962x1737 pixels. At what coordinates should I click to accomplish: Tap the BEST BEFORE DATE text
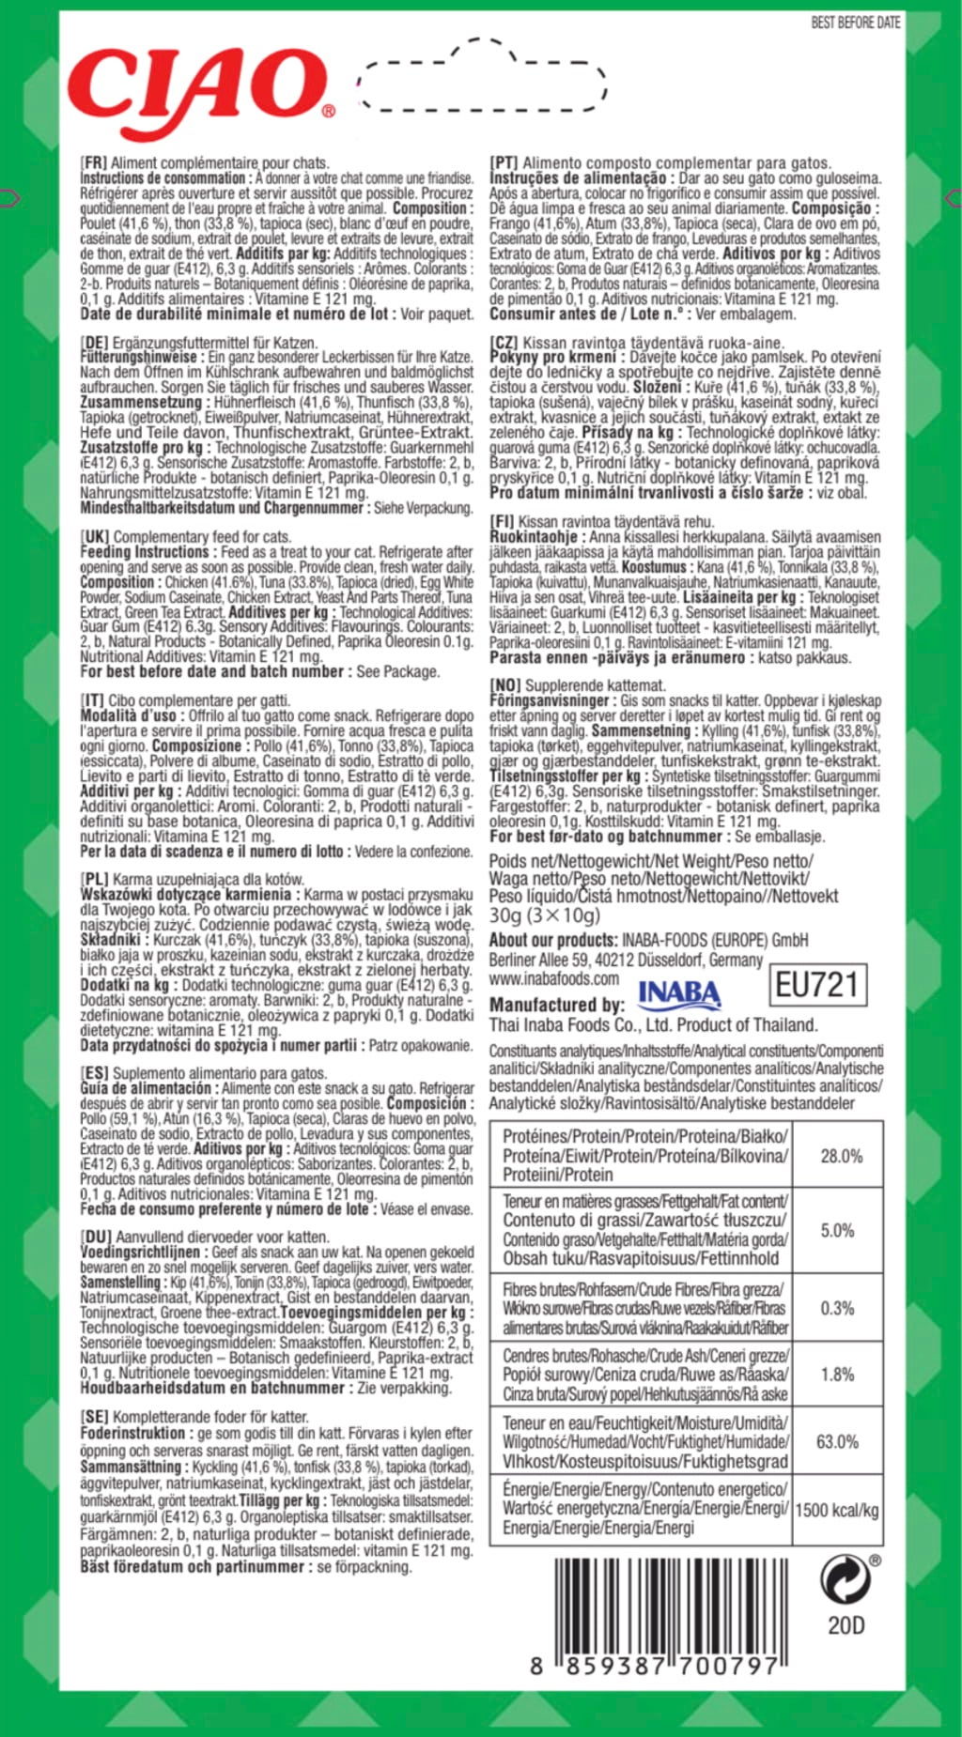pyautogui.click(x=855, y=23)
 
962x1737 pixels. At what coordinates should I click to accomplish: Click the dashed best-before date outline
pyautogui.click(x=484, y=77)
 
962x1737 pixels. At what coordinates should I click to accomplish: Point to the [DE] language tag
pyautogui.click(x=95, y=343)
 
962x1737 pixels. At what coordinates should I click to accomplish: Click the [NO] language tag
pyautogui.click(x=505, y=685)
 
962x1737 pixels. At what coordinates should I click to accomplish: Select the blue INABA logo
pyautogui.click(x=679, y=994)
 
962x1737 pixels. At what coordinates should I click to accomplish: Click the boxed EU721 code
pyautogui.click(x=816, y=985)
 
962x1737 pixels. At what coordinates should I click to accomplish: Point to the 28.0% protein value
pyautogui.click(x=841, y=1156)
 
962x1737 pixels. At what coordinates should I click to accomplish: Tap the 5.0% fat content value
pyautogui.click(x=838, y=1230)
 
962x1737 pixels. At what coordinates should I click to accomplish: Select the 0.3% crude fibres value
pyautogui.click(x=838, y=1308)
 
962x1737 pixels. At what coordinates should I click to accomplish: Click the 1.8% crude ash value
pyautogui.click(x=838, y=1375)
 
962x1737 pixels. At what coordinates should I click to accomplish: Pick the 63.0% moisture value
pyautogui.click(x=838, y=1441)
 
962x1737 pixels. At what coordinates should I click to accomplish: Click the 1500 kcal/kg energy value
pyautogui.click(x=838, y=1510)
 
